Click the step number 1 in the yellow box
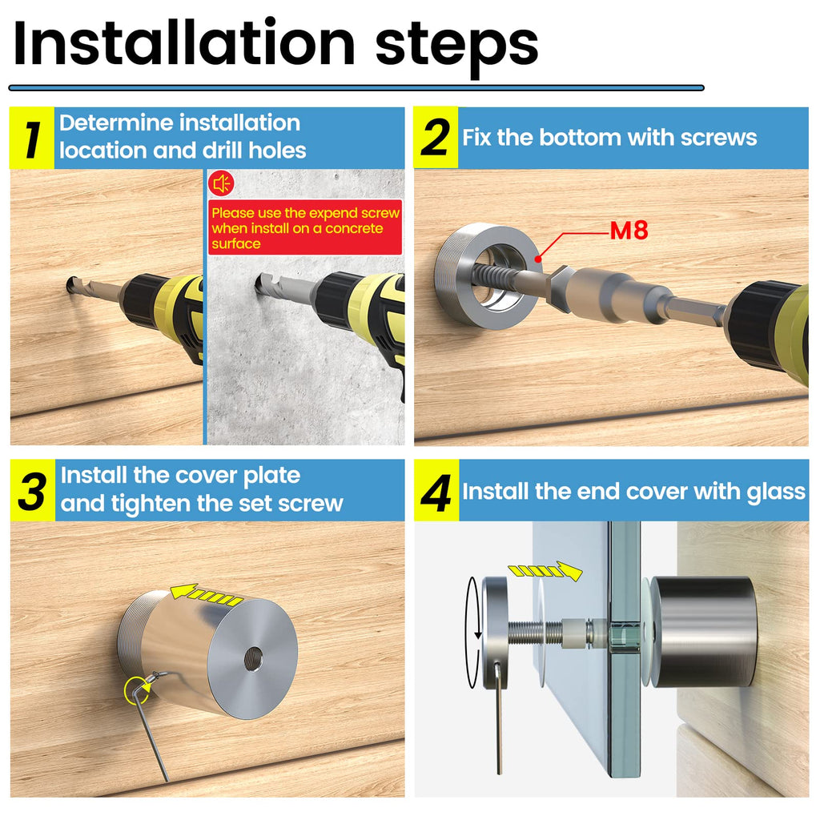32,139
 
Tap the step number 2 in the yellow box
435,138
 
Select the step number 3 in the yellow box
32,491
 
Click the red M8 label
629,230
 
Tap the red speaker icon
221,183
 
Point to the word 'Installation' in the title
184,43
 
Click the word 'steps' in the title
456,47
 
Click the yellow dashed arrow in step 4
545,570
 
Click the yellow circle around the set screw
138,690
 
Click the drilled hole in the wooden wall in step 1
71,284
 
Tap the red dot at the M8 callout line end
539,259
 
